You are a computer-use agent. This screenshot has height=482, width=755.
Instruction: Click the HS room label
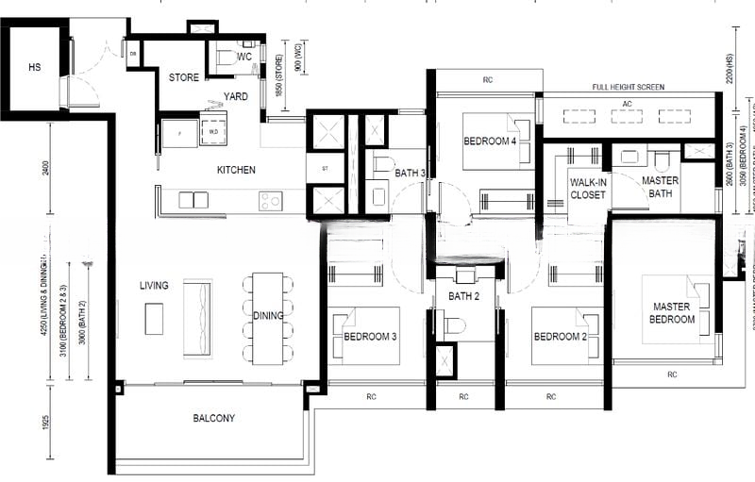click(35, 67)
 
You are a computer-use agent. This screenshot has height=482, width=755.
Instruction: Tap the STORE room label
click(184, 77)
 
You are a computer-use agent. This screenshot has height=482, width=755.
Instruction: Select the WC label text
click(244, 57)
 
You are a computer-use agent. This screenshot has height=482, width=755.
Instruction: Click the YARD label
click(235, 96)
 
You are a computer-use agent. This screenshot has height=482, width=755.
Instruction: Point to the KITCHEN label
click(236, 170)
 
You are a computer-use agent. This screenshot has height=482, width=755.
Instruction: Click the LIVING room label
click(154, 285)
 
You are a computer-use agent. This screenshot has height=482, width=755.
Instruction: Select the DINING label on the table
click(268, 315)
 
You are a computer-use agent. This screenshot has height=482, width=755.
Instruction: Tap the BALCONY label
click(213, 418)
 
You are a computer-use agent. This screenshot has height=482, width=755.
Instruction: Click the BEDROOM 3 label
click(370, 337)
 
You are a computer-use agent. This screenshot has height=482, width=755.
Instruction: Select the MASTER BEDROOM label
click(671, 312)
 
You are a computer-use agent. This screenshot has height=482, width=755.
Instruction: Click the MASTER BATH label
click(660, 187)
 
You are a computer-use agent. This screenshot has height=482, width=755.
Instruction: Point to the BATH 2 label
click(464, 295)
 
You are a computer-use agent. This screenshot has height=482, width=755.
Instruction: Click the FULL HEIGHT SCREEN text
click(628, 87)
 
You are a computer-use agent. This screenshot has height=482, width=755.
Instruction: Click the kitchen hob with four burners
click(270, 200)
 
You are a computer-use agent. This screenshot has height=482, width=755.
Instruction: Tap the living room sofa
click(197, 318)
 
